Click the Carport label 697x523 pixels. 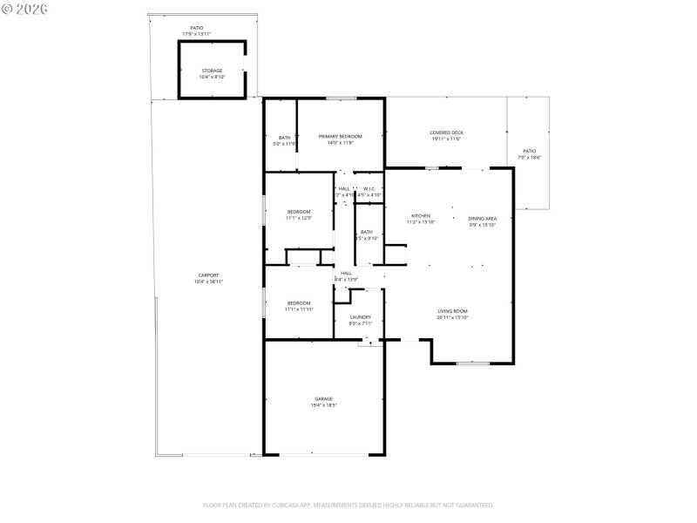pyautogui.click(x=207, y=278)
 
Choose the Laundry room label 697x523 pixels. pyautogui.click(x=361, y=320)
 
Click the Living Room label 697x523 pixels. pyautogui.click(x=452, y=314)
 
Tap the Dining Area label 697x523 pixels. pyautogui.click(x=482, y=221)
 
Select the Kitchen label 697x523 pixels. pyautogui.click(x=421, y=219)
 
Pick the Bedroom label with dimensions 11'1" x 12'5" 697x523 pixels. pyautogui.click(x=299, y=214)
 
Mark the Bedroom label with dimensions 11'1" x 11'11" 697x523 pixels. pyautogui.click(x=299, y=306)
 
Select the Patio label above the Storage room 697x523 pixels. pyautogui.click(x=197, y=31)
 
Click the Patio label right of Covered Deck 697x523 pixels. pyautogui.click(x=530, y=154)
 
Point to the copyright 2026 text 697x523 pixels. pyautogui.click(x=24, y=9)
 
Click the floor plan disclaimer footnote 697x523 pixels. pyautogui.click(x=348, y=505)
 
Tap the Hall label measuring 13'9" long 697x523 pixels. pyautogui.click(x=346, y=275)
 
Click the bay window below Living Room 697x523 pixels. pyautogui.click(x=471, y=362)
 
